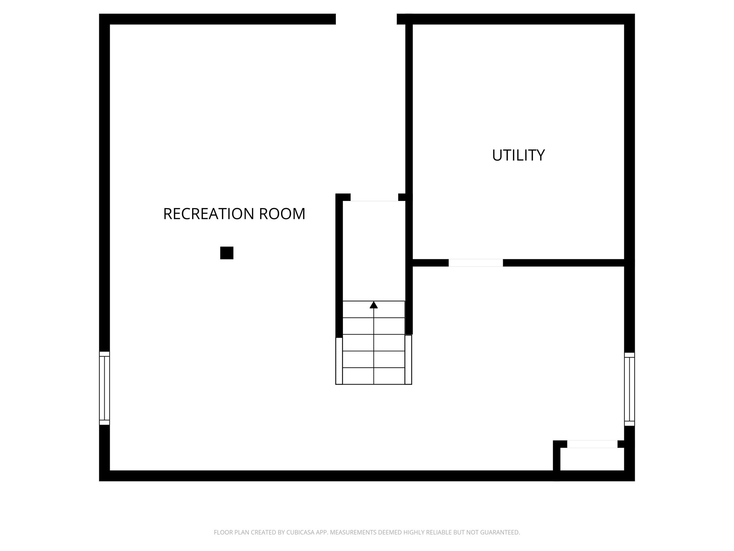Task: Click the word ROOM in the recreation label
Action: pyautogui.click(x=282, y=214)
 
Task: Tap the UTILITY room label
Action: pyautogui.click(x=518, y=155)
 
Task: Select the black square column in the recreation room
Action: pyautogui.click(x=227, y=253)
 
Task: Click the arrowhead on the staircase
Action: pyautogui.click(x=373, y=305)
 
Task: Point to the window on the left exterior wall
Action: pyautogui.click(x=104, y=388)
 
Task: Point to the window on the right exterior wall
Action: pyautogui.click(x=629, y=389)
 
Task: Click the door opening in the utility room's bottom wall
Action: pyautogui.click(x=476, y=263)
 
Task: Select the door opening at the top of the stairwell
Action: pyautogui.click(x=374, y=198)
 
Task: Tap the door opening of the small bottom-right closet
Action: pyautogui.click(x=592, y=444)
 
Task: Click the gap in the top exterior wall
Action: pyautogui.click(x=366, y=19)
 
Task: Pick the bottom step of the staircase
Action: pyautogui.click(x=373, y=376)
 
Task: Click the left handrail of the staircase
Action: pyautogui.click(x=339, y=361)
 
